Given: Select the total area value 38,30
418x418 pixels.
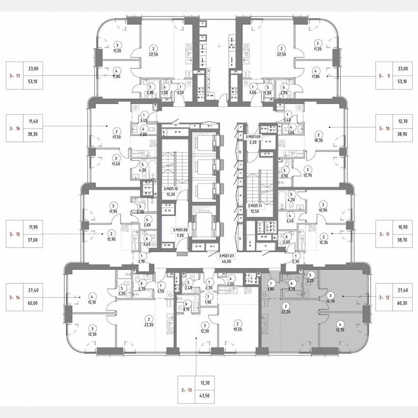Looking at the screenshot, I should (33, 137).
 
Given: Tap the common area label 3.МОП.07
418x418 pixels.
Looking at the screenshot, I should (225, 255).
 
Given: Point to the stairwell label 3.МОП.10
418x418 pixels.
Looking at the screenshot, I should (170, 189).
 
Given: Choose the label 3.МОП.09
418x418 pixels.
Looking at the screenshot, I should (253, 137).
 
